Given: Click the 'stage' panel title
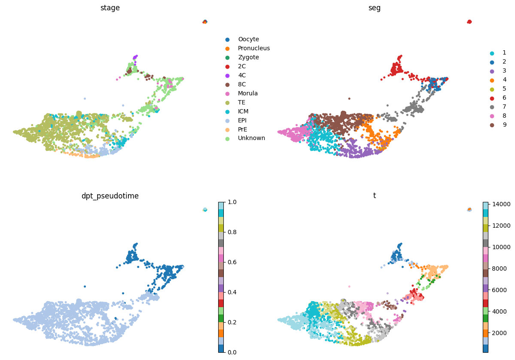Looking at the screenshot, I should pyautogui.click(x=110, y=8).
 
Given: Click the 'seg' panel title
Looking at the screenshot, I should pyautogui.click(x=374, y=8).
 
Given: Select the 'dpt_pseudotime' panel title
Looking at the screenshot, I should pyautogui.click(x=110, y=196).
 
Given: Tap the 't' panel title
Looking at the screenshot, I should pyautogui.click(x=374, y=196).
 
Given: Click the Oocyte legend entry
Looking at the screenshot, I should pyautogui.click(x=248, y=40).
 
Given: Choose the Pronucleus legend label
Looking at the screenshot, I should pyautogui.click(x=254, y=49).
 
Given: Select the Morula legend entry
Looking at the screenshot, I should pyautogui.click(x=248, y=93).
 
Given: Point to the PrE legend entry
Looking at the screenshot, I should pyautogui.click(x=244, y=129).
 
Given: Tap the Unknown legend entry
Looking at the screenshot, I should pyautogui.click(x=251, y=138).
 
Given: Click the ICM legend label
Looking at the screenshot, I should pyautogui.click(x=243, y=111).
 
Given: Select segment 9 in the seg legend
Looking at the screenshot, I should pyautogui.click(x=504, y=125).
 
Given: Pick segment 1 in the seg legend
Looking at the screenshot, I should pyautogui.click(x=504, y=53).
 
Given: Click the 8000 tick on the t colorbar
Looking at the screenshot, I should pyautogui.click(x=498, y=268).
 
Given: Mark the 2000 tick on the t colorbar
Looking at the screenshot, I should pyautogui.click(x=498, y=333).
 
